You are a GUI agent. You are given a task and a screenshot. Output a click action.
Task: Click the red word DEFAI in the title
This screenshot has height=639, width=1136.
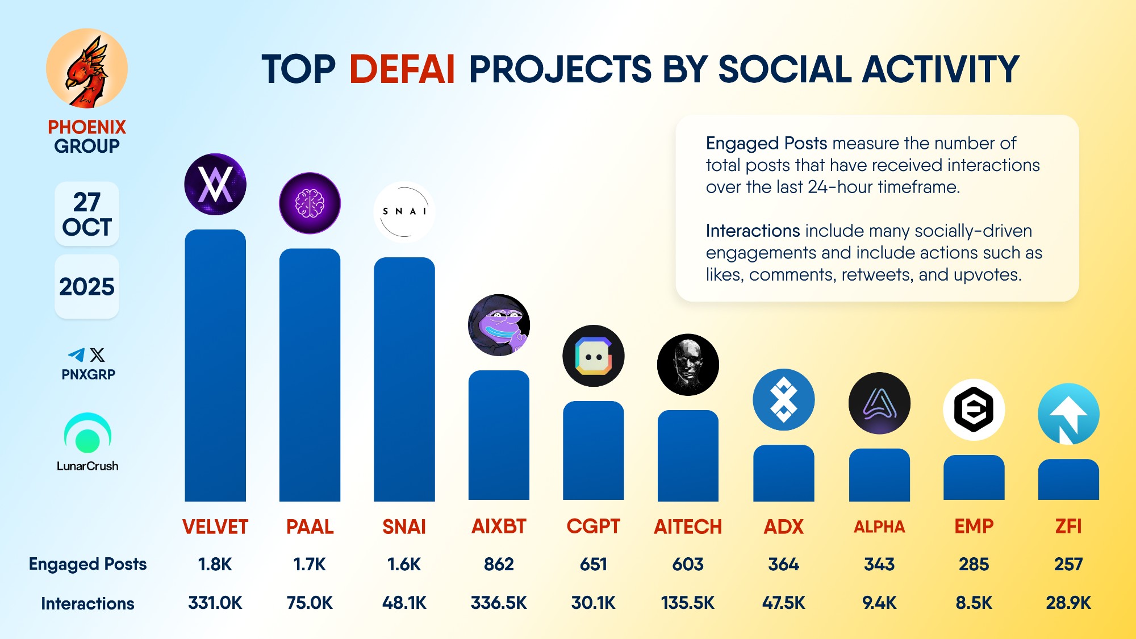coord(402,69)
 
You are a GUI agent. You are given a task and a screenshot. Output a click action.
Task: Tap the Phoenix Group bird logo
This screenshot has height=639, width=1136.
coord(87,69)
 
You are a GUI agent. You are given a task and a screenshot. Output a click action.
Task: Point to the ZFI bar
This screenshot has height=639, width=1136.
coord(1068,480)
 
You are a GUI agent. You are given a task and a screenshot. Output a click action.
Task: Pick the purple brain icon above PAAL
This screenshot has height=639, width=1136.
coord(310,203)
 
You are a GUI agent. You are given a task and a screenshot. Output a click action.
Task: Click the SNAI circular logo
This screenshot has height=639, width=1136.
coord(404,212)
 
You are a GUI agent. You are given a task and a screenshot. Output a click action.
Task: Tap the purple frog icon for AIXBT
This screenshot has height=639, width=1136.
coord(499,325)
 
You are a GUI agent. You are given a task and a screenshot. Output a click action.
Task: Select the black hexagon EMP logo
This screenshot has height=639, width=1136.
coord(974,410)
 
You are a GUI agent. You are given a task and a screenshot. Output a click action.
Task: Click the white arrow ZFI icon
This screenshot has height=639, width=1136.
coord(1068,414)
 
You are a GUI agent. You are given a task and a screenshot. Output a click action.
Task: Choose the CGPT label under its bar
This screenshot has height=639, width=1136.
coord(593,527)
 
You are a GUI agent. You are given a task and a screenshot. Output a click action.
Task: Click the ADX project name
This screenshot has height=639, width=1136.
coord(783,527)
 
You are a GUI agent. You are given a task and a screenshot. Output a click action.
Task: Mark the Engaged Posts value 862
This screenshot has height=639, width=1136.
coord(499,564)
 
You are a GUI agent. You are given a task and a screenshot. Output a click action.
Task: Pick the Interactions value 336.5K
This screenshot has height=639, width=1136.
coord(499,603)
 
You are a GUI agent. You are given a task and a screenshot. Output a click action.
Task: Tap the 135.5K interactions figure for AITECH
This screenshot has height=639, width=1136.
coord(687,603)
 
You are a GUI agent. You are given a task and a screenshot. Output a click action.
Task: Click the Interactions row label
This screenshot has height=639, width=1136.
coord(87,603)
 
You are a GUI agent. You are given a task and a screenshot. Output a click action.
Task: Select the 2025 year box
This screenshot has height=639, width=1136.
coord(87,287)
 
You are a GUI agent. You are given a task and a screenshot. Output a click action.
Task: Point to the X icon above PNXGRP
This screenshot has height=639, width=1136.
coord(98,355)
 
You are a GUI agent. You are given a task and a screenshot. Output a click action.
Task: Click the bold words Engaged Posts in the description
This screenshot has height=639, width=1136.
coord(766,143)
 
